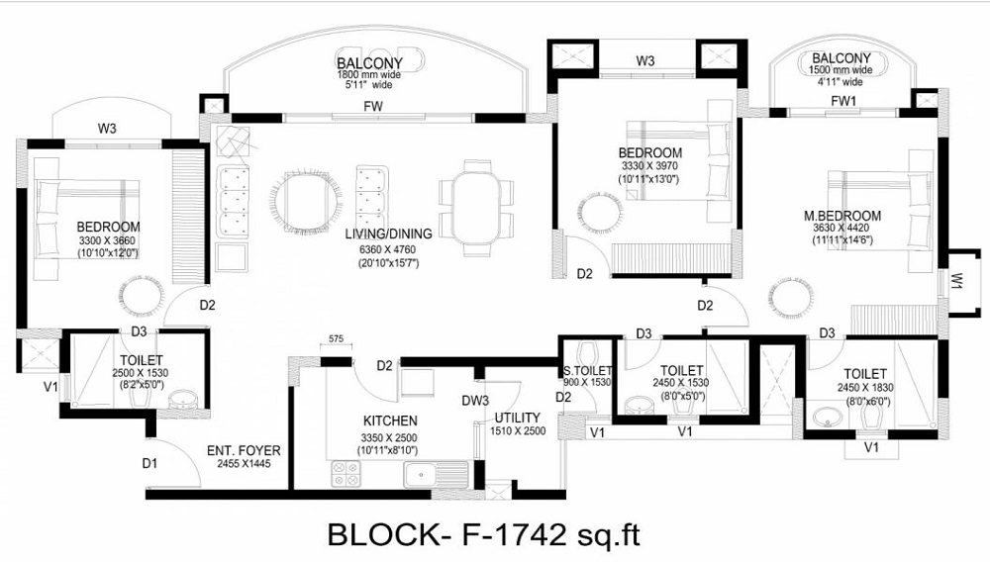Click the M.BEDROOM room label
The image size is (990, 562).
pos(842,216)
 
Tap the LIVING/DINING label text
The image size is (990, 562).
pos(388,234)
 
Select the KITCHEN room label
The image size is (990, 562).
pos(390,421)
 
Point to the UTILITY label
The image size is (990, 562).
pos(517,418)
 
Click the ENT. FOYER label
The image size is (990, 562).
pos(244,451)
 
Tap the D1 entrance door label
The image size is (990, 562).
pos(149,464)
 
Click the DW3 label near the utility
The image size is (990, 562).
pos(475,401)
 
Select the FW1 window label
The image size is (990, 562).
pos(843,101)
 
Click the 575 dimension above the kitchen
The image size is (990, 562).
pos(336,338)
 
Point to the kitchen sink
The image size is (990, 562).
pos(436,474)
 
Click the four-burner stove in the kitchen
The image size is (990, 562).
pos(346,474)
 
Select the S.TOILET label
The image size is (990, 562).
pos(587,371)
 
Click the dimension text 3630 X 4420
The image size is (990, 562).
pos(842,228)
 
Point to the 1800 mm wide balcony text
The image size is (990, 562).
pos(368,74)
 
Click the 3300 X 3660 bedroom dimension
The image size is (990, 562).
pos(107,241)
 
